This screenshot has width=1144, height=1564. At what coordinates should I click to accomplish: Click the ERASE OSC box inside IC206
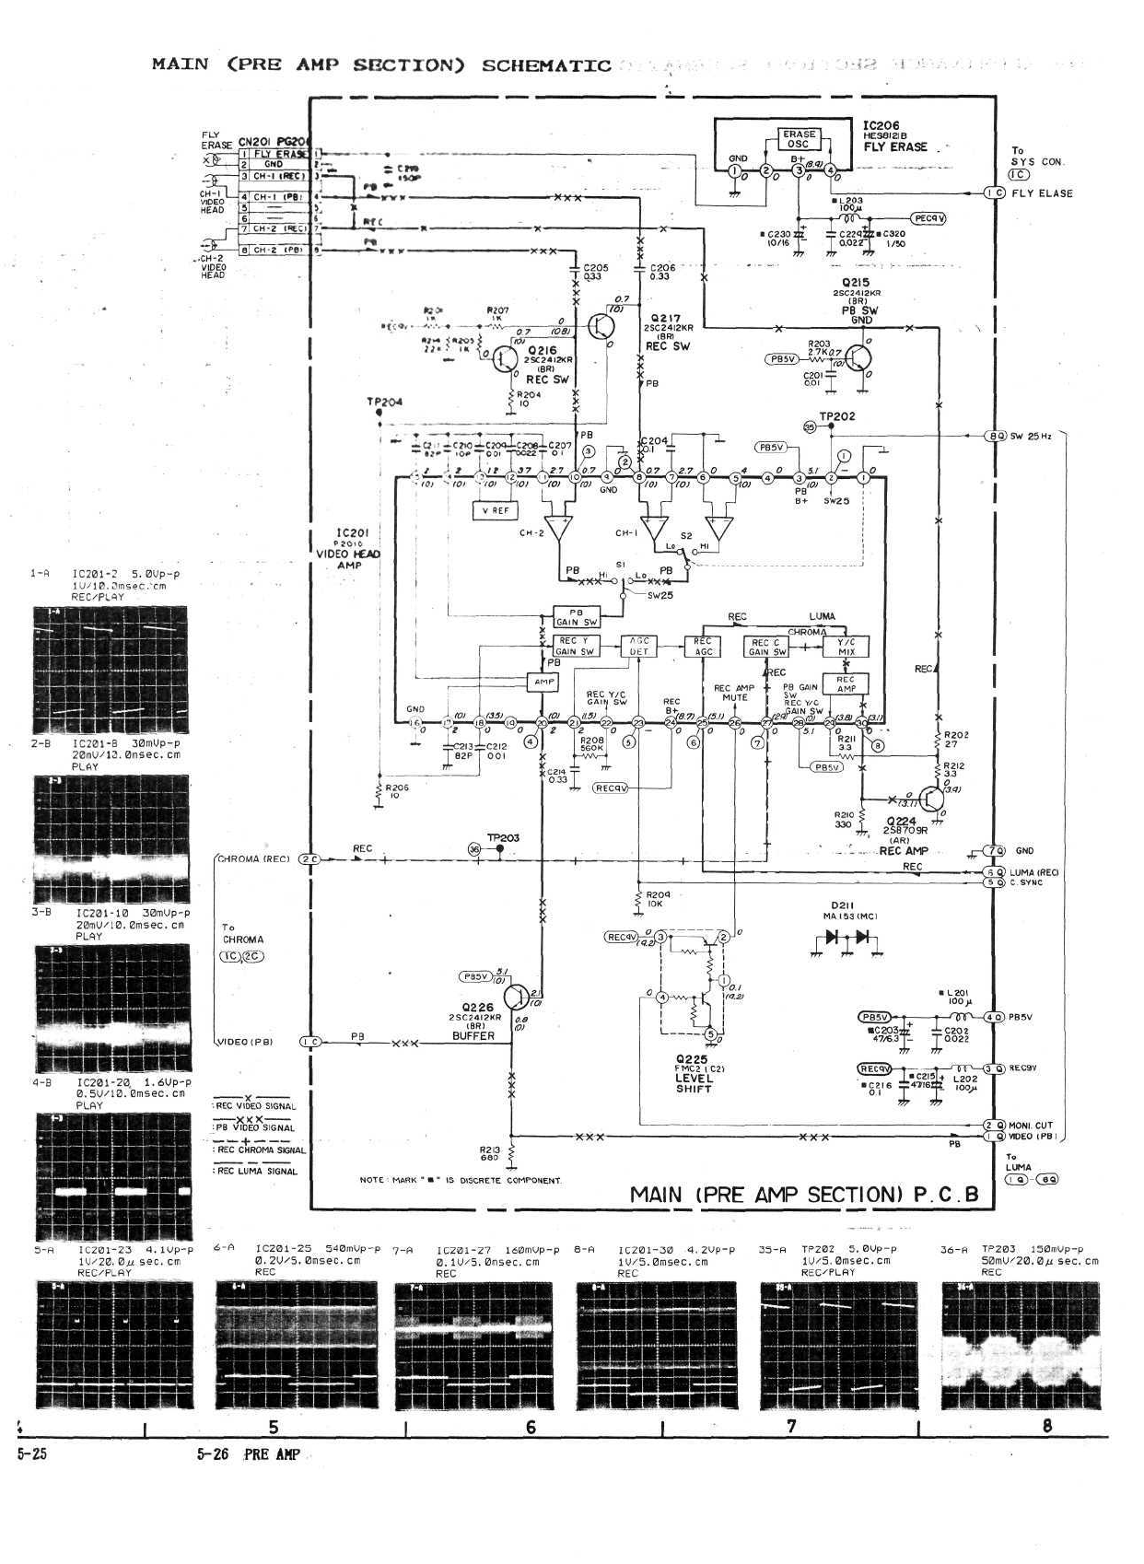[798, 139]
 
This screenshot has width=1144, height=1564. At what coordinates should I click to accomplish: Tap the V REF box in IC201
[495, 510]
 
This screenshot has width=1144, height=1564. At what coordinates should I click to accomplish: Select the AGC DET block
[638, 646]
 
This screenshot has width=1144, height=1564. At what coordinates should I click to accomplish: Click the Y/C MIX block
[846, 646]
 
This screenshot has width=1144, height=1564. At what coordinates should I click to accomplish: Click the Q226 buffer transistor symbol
[518, 998]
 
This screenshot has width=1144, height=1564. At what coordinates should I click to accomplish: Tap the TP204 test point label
[384, 402]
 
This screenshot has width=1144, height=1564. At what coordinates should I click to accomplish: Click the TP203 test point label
[503, 837]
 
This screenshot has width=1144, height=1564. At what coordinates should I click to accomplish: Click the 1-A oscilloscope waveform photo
[110, 670]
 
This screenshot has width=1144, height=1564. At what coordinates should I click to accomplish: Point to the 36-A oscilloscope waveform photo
[1021, 1346]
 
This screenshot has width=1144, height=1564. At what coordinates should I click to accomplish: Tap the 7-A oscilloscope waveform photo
[473, 1346]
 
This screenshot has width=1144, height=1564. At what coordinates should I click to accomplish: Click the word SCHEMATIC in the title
[546, 65]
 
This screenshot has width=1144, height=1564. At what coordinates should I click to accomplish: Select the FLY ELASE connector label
[1042, 193]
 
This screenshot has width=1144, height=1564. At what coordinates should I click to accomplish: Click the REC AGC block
[703, 646]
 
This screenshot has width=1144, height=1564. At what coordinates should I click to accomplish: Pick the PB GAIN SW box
[577, 616]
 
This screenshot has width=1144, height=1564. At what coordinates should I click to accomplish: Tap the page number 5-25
[31, 1453]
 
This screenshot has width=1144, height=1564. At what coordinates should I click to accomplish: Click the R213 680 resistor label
[489, 1153]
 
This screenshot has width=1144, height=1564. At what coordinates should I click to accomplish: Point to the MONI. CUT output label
[1030, 1125]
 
